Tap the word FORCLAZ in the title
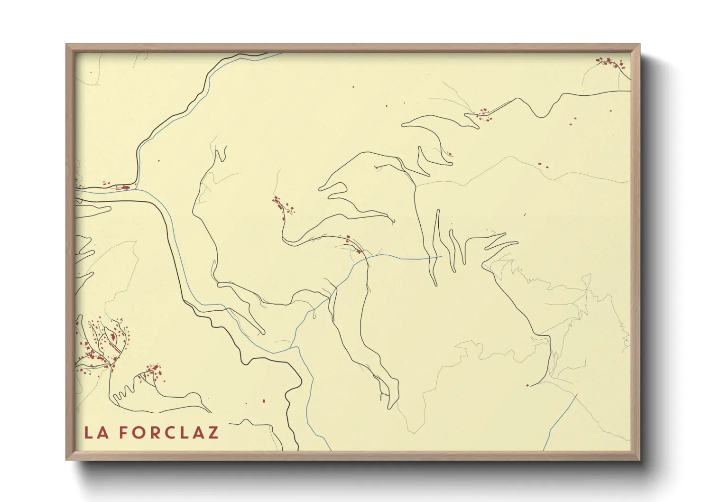pos(168,433)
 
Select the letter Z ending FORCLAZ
pos(212,433)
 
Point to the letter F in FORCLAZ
pos(123,433)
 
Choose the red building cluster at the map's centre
pos(283,207)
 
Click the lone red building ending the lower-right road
pos(527,385)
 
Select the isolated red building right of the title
pos(264,401)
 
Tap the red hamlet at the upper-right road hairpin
pos(483,113)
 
